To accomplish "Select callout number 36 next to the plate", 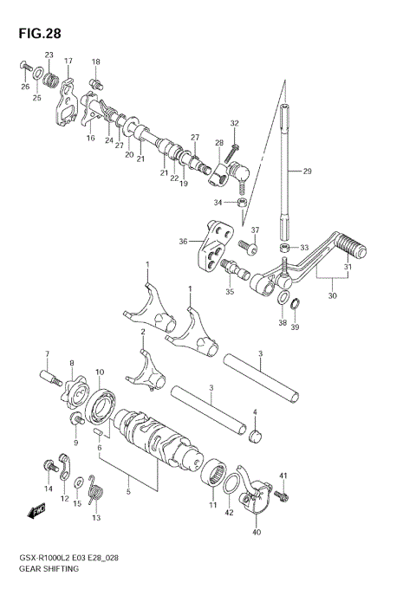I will click(x=183, y=242).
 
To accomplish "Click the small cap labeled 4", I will click(x=254, y=433).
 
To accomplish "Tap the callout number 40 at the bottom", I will click(x=256, y=532).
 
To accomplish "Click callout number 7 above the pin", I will click(x=49, y=353).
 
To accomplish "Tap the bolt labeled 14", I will click(x=48, y=468).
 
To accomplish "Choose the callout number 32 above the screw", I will click(x=234, y=123).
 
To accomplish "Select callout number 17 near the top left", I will click(x=68, y=61).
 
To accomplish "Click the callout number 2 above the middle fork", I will click(x=142, y=332).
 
